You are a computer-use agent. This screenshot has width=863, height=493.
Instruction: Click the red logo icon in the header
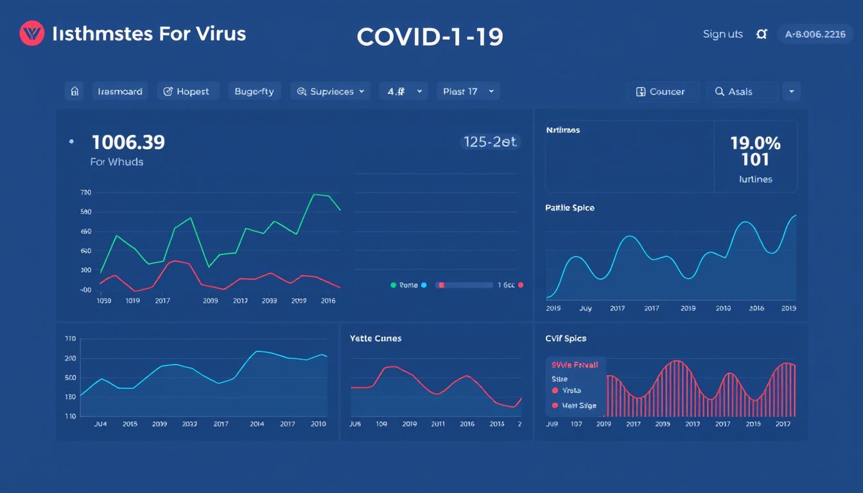[x=31, y=33]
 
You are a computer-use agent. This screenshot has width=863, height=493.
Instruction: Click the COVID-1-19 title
[x=430, y=37]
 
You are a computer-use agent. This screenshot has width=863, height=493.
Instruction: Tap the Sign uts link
[x=722, y=34]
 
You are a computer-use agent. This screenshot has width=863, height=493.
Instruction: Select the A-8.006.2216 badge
[x=815, y=35]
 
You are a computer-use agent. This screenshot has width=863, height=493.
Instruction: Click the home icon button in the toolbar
[x=74, y=91]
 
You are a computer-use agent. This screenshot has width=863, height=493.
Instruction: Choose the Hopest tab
[x=186, y=91]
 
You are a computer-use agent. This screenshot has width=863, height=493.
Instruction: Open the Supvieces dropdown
[x=331, y=91]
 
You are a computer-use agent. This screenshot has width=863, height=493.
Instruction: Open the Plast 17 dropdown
[x=468, y=91]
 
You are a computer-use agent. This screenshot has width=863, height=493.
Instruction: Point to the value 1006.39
[x=128, y=143]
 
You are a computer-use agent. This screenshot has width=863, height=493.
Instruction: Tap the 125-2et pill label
[x=490, y=143]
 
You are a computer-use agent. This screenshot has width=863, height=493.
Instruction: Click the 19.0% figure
[x=755, y=143]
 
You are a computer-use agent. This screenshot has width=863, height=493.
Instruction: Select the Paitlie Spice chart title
[x=570, y=208]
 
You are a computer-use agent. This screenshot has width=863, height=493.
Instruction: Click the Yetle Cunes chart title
[x=376, y=338]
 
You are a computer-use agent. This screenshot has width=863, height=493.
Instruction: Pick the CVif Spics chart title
[x=566, y=338]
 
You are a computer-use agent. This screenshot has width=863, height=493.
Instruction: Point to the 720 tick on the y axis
[x=86, y=193]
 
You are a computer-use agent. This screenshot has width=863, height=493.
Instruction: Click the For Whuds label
[x=116, y=162]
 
